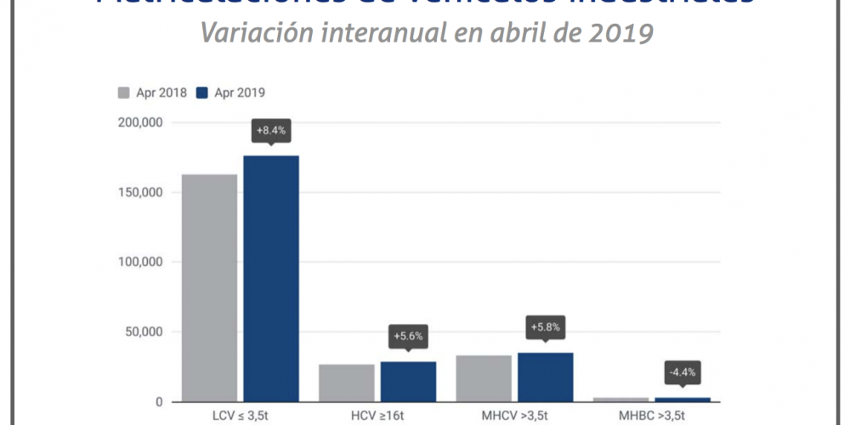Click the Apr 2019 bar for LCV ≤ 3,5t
(271, 278)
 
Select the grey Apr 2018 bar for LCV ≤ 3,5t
(209, 287)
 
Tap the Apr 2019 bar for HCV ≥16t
(408, 382)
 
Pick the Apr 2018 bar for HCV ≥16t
(347, 382)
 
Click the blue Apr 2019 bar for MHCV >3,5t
(545, 377)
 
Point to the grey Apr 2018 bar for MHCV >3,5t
(484, 378)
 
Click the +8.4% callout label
(271, 131)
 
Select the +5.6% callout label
(408, 336)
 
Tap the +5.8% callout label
(545, 326)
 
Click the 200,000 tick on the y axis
(141, 123)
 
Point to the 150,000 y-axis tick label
(141, 193)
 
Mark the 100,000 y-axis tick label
(141, 263)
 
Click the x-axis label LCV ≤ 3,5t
(240, 417)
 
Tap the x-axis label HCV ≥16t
(377, 417)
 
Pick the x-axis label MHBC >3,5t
(652, 417)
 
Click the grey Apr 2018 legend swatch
(123, 93)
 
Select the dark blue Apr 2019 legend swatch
(202, 93)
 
